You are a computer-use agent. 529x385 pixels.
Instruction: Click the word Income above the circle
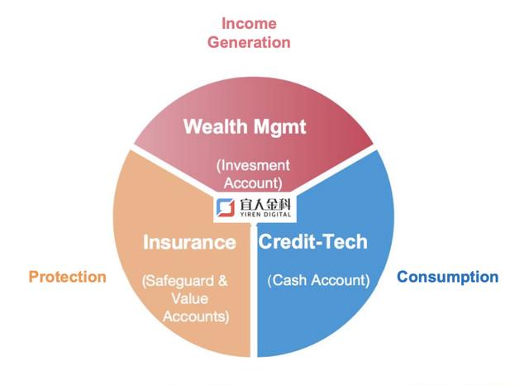click(x=249, y=23)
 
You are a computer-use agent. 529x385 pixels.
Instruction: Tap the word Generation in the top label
click(x=249, y=42)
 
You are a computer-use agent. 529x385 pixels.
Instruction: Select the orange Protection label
click(x=68, y=277)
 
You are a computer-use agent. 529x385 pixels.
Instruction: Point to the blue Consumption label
click(x=448, y=277)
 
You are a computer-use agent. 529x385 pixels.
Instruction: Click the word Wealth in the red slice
click(x=215, y=126)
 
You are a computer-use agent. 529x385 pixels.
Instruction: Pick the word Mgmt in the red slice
click(x=280, y=127)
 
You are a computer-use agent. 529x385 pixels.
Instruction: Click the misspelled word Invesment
click(x=253, y=165)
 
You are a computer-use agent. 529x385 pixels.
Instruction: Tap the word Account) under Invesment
click(x=253, y=183)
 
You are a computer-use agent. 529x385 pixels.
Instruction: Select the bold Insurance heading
click(x=189, y=242)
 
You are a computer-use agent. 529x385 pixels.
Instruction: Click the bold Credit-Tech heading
click(x=312, y=241)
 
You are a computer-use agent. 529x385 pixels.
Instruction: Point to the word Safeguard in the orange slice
click(x=179, y=281)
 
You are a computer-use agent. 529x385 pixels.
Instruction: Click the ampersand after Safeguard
click(x=222, y=281)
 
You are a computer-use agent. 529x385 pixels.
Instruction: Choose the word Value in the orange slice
click(x=189, y=299)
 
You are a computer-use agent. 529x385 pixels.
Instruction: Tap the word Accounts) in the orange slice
click(x=196, y=316)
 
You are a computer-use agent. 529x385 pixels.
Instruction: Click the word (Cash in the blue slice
click(x=288, y=280)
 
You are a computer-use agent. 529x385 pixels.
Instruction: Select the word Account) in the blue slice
click(x=341, y=280)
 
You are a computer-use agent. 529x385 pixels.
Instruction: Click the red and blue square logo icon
click(x=226, y=207)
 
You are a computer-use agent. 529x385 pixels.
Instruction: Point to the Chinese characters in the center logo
click(x=265, y=204)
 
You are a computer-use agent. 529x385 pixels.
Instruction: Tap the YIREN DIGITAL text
click(x=265, y=215)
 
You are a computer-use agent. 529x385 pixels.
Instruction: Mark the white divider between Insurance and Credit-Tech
click(x=254, y=290)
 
